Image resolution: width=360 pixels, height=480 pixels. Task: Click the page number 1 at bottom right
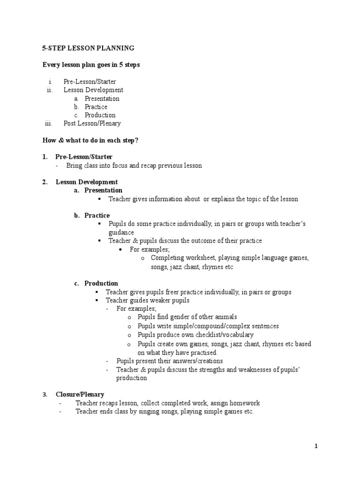pos(316,446)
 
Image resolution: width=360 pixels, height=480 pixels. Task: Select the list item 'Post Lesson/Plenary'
pos(92,123)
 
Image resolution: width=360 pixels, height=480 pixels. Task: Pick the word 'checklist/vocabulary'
pos(223,335)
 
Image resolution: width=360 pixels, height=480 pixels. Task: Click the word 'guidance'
pos(121,232)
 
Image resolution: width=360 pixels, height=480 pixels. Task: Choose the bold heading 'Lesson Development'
pos(87,182)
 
